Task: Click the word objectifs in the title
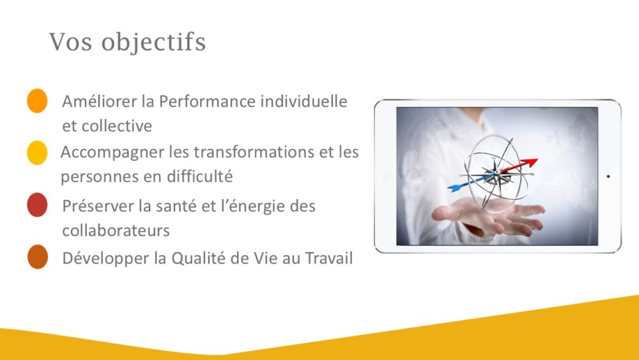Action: (x=153, y=42)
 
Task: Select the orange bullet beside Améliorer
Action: (x=37, y=100)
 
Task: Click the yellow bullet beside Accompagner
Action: (x=37, y=153)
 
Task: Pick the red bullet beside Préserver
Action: (x=37, y=205)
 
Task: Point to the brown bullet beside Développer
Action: (x=38, y=257)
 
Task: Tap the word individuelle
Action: (x=304, y=100)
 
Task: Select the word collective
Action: (x=118, y=125)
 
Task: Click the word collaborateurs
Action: (x=116, y=230)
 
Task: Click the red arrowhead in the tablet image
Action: (x=530, y=162)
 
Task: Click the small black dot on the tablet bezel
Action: (x=608, y=176)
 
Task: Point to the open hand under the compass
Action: (x=489, y=216)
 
